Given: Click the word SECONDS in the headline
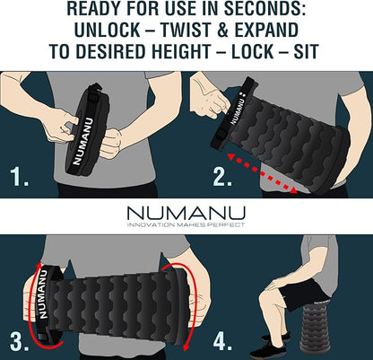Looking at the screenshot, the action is pyautogui.click(x=265, y=9).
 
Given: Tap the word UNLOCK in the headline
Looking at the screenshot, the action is pyautogui.click(x=107, y=31).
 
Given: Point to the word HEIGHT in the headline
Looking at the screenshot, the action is pyautogui.click(x=181, y=51).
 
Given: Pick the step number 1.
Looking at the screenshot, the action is pyautogui.click(x=20, y=177).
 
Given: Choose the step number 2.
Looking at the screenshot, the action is pyautogui.click(x=222, y=177).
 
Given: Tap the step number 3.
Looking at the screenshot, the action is pyautogui.click(x=20, y=341).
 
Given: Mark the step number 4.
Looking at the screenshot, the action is pyautogui.click(x=222, y=341).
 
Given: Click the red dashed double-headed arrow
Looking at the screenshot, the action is pyautogui.click(x=263, y=173).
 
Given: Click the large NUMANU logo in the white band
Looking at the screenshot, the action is pyautogui.click(x=186, y=214).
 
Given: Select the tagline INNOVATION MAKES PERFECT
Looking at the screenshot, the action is pyautogui.click(x=186, y=224).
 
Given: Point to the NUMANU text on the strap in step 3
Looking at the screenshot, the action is pyautogui.click(x=42, y=294).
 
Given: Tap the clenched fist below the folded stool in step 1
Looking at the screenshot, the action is pyautogui.click(x=110, y=143).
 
